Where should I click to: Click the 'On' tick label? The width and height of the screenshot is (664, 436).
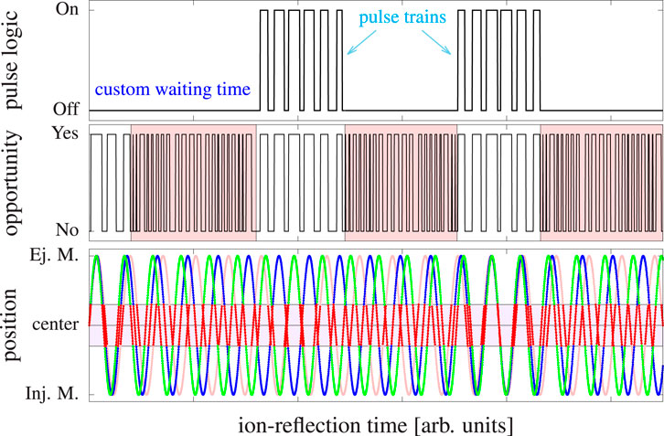pos(67,11)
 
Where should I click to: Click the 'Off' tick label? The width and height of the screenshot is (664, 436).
pos(67,111)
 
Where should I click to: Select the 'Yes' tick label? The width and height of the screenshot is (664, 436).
pos(65,133)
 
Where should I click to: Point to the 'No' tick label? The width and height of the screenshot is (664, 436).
pos(68,229)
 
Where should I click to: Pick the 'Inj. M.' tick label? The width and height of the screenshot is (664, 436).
pos(56,394)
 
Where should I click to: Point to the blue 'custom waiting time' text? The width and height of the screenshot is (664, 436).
pos(173,90)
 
